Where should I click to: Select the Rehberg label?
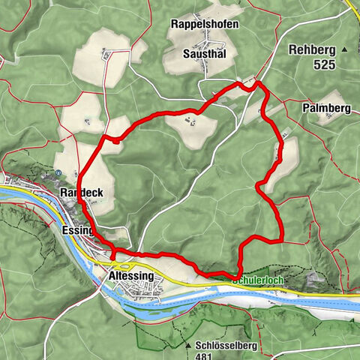308,49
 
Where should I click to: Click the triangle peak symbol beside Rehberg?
345,49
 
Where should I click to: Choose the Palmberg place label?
327,108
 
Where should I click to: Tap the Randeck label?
80,193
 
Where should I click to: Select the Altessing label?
131,276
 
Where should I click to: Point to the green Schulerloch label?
263,277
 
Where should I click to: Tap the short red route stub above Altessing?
114,257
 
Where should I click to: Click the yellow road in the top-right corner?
353,7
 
